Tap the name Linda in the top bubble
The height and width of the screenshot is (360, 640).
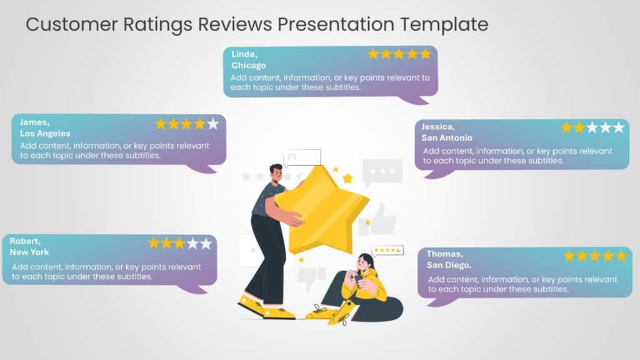tap(244, 54)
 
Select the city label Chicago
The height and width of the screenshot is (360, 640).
tap(248, 65)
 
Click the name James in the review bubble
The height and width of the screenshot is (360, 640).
tap(34, 122)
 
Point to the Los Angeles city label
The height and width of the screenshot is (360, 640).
tap(45, 133)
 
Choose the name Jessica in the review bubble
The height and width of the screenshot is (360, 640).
tap(438, 126)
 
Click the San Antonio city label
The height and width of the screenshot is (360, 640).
tap(447, 137)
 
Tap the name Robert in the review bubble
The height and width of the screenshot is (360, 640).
tap(25, 241)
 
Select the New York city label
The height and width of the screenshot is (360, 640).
tap(29, 252)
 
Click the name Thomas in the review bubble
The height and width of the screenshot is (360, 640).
tap(444, 254)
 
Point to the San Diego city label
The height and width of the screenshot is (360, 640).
tap(449, 265)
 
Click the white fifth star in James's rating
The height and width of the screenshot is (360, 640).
tap(213, 124)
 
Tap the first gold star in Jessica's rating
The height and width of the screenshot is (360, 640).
tap(566, 127)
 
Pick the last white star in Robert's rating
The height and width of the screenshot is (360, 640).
tap(206, 243)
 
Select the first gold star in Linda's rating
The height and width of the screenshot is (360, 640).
tap(373, 54)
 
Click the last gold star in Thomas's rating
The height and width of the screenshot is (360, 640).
tap(621, 256)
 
